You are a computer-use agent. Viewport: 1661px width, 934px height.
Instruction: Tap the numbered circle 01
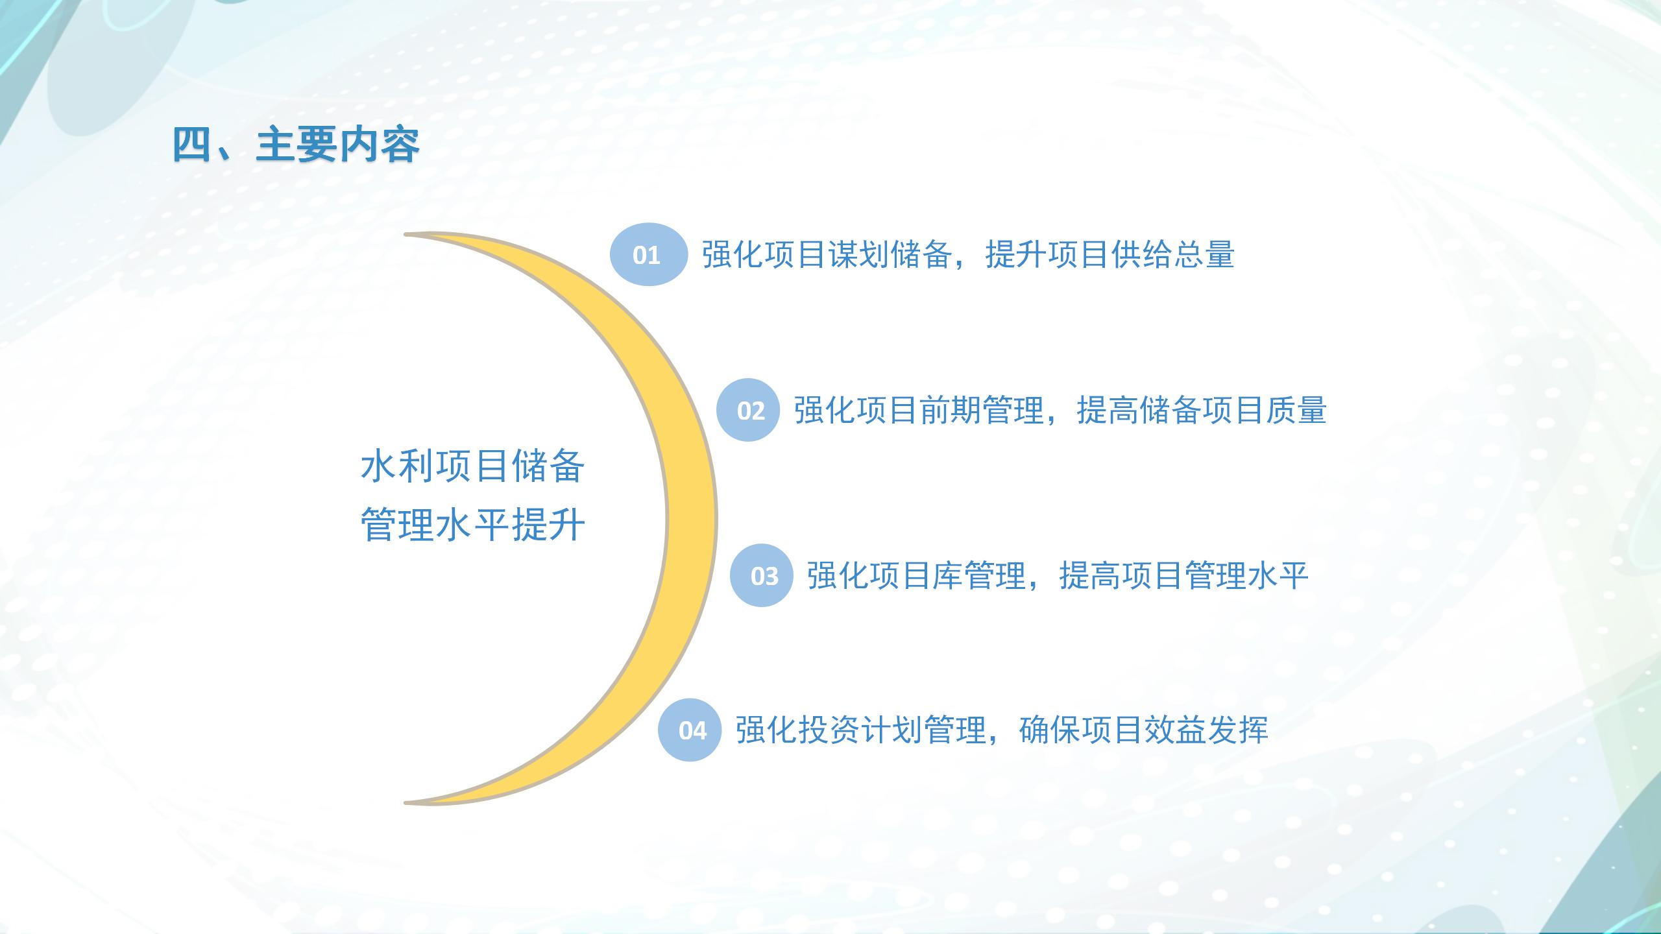[x=648, y=254]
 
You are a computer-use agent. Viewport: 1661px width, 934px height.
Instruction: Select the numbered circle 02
[x=748, y=410]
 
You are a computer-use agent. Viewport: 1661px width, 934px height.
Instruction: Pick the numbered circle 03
[x=762, y=575]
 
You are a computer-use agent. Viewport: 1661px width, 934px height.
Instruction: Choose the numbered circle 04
[x=690, y=730]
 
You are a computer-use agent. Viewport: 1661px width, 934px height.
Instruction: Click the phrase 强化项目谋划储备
[x=827, y=254]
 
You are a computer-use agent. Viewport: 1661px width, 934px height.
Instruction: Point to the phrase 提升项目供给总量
[x=1109, y=254]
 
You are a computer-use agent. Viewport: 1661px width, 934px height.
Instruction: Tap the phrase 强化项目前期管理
[x=919, y=410]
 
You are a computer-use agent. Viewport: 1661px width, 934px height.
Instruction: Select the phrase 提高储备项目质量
[x=1202, y=410]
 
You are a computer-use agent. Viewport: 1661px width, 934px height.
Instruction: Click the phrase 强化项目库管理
[x=916, y=575]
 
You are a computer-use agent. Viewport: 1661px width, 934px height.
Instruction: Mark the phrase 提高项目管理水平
[x=1183, y=575]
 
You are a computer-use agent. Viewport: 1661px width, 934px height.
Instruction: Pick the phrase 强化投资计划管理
[x=860, y=730]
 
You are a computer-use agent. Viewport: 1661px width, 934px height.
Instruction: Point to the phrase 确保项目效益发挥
[x=1143, y=730]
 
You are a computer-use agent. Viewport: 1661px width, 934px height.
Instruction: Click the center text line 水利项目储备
[x=472, y=466]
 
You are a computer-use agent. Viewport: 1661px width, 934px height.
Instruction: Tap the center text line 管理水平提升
[x=472, y=523]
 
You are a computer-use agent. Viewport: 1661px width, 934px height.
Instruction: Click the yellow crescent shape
[x=692, y=519]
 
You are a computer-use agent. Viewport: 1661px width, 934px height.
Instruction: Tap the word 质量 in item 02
[x=1295, y=410]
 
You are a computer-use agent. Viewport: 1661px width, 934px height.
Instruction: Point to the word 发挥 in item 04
[x=1237, y=730]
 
